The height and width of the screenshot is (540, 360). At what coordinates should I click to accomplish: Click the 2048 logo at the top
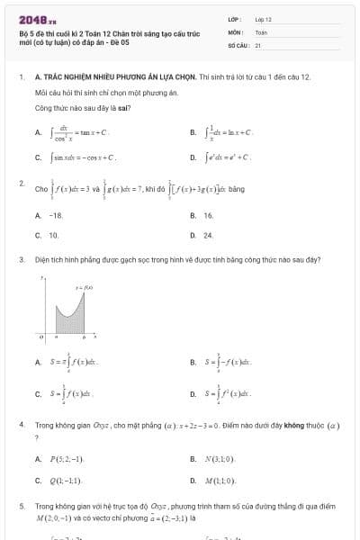[37, 19]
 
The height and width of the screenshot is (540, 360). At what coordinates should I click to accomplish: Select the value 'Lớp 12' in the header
[263, 19]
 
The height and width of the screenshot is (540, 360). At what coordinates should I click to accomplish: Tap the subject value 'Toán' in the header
[261, 31]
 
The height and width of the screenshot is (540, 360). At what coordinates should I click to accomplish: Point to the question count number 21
[258, 44]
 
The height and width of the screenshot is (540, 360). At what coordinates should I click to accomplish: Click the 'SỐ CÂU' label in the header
[238, 44]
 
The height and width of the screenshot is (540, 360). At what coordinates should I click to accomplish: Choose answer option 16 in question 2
[208, 216]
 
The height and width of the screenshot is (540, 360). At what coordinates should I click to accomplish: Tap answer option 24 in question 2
[208, 234]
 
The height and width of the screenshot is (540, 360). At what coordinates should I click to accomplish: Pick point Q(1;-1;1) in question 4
[66, 480]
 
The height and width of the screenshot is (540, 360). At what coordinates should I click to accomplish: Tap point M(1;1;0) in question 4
[220, 480]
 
